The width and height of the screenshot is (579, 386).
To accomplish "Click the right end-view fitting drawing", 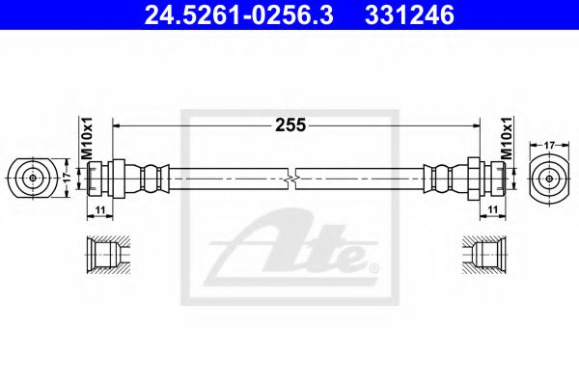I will (550, 179).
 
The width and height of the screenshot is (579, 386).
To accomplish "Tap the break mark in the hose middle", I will (292, 179).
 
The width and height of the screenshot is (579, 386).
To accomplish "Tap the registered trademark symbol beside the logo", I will (374, 267).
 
